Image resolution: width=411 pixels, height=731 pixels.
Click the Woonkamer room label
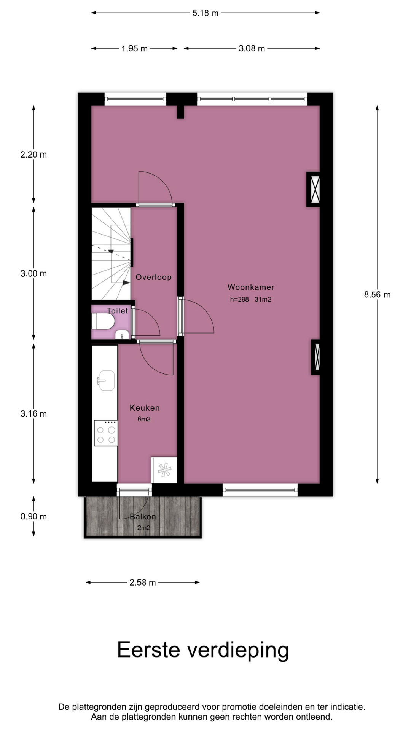click(x=251, y=287)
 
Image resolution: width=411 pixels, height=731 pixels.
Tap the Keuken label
click(x=145, y=408)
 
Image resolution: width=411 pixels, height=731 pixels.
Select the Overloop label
click(x=153, y=277)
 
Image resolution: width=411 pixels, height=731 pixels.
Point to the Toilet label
click(x=117, y=311)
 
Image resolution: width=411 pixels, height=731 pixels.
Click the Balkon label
click(x=143, y=517)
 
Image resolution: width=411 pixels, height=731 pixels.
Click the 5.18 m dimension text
click(x=205, y=13)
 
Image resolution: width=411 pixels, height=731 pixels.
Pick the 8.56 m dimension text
click(x=377, y=294)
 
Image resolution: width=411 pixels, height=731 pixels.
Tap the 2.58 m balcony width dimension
click(x=143, y=583)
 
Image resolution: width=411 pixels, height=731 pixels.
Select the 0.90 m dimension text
click(x=33, y=516)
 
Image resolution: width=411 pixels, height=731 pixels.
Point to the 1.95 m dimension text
click(x=134, y=49)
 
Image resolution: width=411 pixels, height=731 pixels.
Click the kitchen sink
click(x=106, y=380)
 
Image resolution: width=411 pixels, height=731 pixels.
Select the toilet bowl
click(x=103, y=321)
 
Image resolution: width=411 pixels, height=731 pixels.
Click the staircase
click(x=111, y=254)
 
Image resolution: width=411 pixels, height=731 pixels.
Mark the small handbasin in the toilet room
click(x=122, y=335)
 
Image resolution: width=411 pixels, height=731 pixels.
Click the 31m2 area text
click(x=263, y=299)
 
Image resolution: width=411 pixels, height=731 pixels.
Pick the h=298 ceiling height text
click(x=239, y=299)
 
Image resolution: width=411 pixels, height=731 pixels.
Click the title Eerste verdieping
click(x=203, y=650)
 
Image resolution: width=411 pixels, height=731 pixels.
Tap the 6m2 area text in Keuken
click(x=144, y=419)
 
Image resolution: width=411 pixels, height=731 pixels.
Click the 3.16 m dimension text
click(x=33, y=414)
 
